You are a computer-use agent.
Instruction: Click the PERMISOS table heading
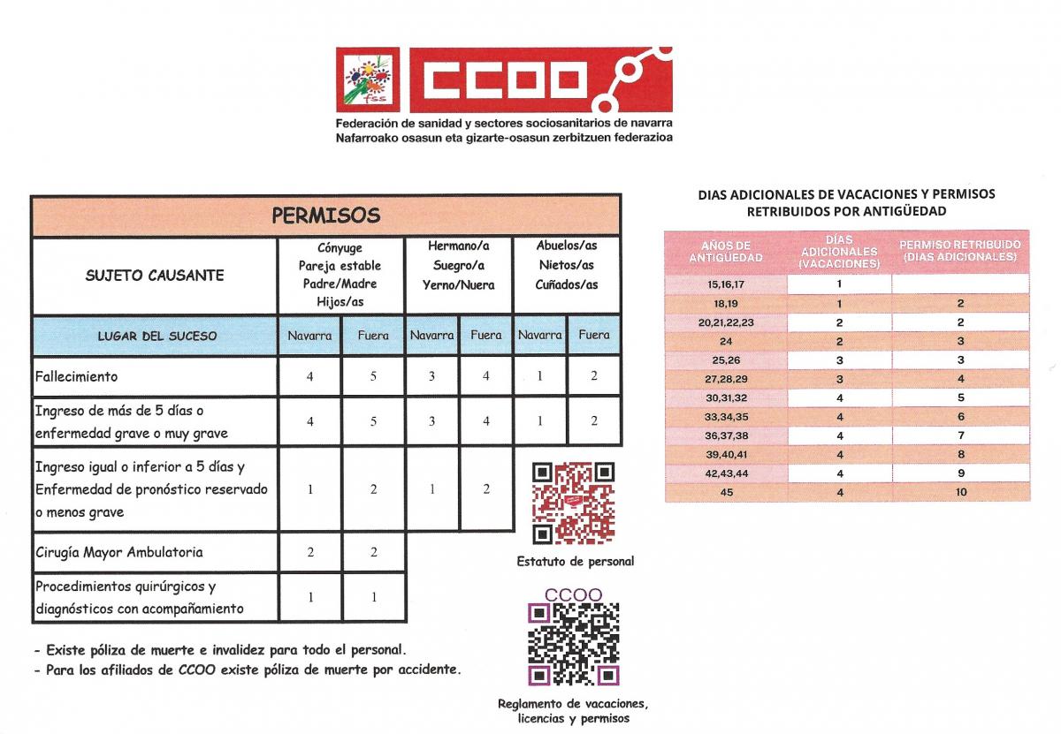(x=325, y=216)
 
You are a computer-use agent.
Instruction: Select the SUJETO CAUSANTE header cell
(x=155, y=275)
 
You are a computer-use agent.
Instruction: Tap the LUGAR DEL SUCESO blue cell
(x=156, y=336)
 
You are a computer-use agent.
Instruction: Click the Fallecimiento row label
(x=76, y=376)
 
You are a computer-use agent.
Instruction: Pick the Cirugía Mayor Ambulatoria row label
(x=118, y=552)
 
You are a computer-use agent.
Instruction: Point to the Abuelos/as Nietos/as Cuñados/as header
(x=566, y=266)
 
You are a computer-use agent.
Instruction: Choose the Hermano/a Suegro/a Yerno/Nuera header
(x=458, y=266)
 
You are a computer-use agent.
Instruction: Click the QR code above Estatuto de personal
(x=574, y=503)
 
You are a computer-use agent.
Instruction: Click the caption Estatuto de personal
(x=576, y=562)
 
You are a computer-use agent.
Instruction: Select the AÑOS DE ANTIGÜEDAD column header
(x=725, y=251)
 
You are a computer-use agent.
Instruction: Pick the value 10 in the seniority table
(x=960, y=492)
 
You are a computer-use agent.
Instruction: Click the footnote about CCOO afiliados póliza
(x=247, y=670)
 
